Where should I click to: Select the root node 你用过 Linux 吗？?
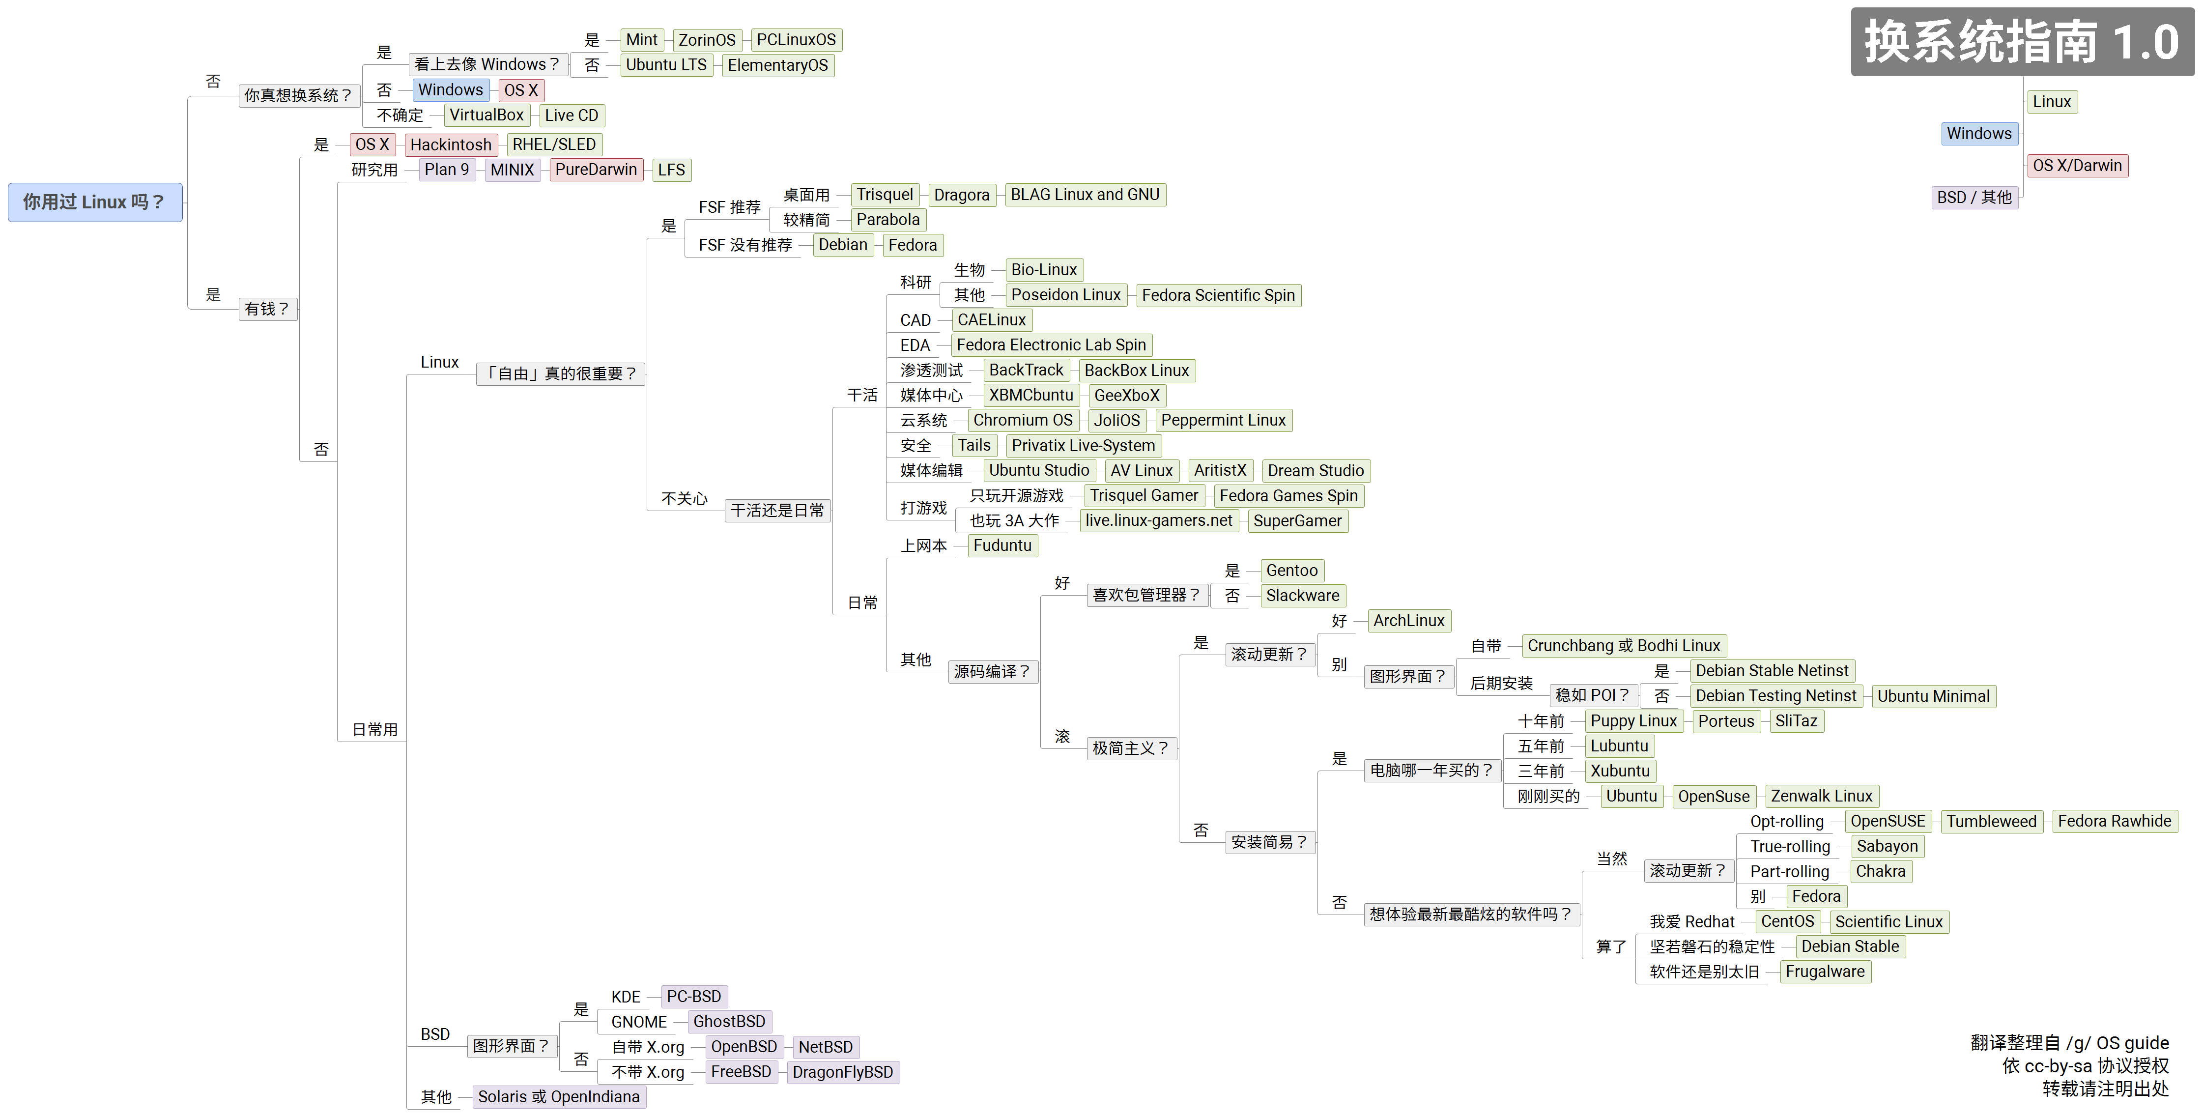(x=95, y=202)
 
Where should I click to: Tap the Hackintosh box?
(x=451, y=144)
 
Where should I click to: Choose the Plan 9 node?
(x=446, y=170)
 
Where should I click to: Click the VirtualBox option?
(x=486, y=115)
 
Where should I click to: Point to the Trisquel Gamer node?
(x=1144, y=495)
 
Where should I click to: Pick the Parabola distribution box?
(x=887, y=220)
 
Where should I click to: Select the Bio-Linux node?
(x=1043, y=269)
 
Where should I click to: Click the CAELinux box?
(x=991, y=320)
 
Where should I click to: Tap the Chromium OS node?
(x=1022, y=420)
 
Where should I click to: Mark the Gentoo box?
(x=1291, y=571)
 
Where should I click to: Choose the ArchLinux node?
(x=1408, y=621)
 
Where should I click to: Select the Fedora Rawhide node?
(x=2114, y=821)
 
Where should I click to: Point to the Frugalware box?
(x=1825, y=972)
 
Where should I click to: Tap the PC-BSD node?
(x=693, y=997)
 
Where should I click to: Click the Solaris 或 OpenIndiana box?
(x=558, y=1096)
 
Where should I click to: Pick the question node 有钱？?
(x=267, y=309)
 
